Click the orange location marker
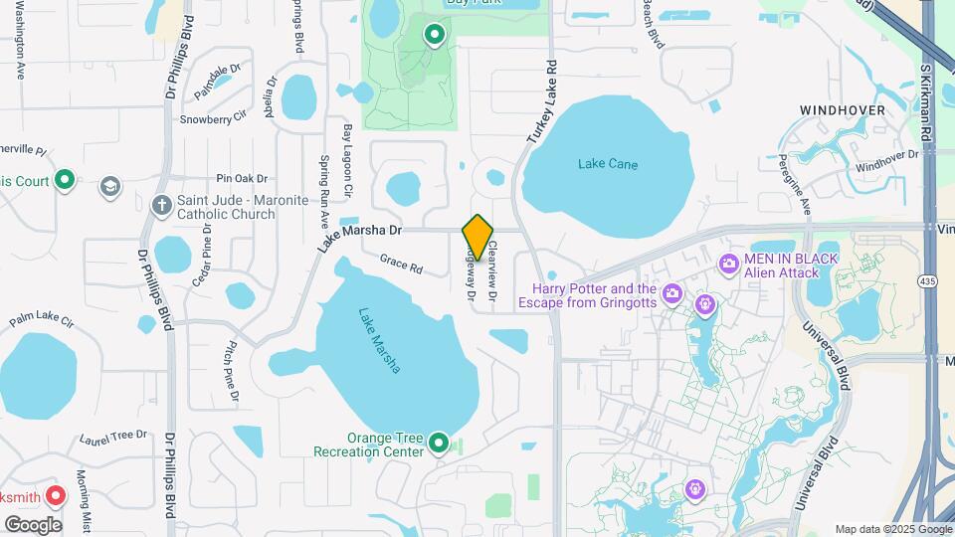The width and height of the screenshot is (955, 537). click(x=478, y=238)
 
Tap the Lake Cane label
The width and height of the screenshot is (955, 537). click(x=608, y=164)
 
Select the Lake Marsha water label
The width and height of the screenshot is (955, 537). click(x=380, y=339)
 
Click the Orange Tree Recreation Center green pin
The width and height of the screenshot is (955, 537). click(x=439, y=445)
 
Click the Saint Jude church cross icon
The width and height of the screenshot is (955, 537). click(x=161, y=206)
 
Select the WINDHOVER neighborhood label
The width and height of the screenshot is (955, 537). click(x=842, y=109)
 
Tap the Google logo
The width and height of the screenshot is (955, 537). click(x=33, y=524)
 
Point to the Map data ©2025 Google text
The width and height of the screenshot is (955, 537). click(x=892, y=529)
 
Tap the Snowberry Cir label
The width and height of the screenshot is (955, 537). click(x=212, y=119)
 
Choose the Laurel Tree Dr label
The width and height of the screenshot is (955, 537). click(x=112, y=436)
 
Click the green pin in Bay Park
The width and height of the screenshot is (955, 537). click(x=434, y=36)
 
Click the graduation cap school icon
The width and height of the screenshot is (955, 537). click(x=110, y=186)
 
